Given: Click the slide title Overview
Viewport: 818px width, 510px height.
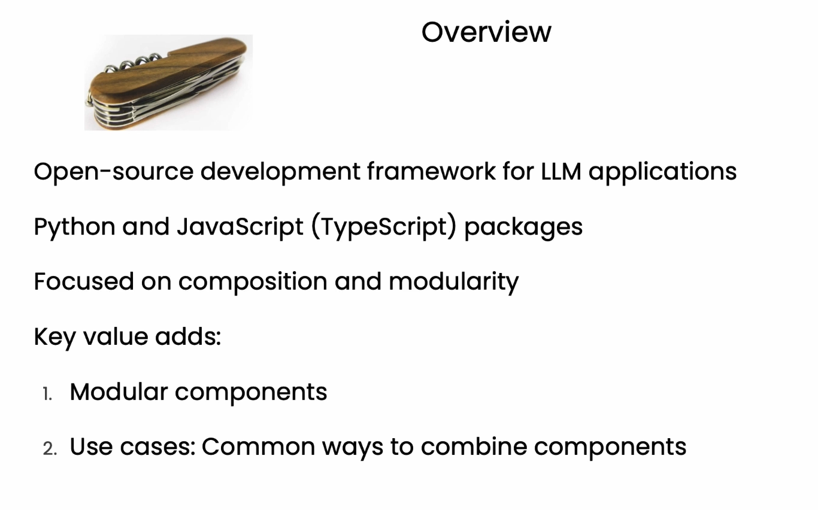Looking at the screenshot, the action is (x=486, y=32).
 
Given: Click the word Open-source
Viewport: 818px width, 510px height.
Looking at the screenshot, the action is (x=114, y=171).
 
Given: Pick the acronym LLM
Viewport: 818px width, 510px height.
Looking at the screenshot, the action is (x=561, y=171).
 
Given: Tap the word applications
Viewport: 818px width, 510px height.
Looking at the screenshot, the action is (x=662, y=172).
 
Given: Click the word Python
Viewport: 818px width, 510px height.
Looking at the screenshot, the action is (x=74, y=227).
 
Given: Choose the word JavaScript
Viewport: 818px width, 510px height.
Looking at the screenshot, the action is (x=240, y=227).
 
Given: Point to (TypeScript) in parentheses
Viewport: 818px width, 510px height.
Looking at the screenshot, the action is (x=384, y=227).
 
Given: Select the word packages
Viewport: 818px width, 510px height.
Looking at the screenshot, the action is (x=523, y=227).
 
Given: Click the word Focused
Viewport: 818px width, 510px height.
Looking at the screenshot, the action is (x=84, y=281).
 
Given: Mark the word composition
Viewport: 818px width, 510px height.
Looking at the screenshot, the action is (x=253, y=282).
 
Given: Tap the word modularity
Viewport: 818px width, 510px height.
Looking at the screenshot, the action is (x=453, y=282).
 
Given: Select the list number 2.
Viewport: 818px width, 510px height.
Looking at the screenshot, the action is (x=50, y=449).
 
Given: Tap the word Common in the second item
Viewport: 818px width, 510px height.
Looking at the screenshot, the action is (x=258, y=447).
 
